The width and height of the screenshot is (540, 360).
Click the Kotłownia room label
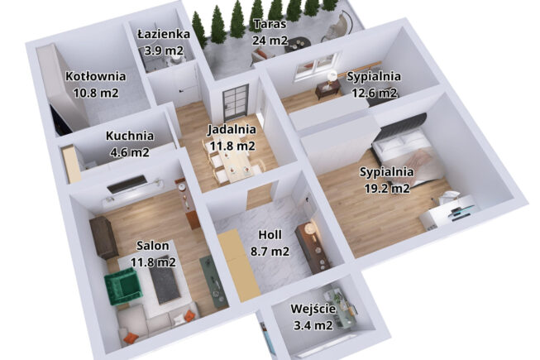point(96,76)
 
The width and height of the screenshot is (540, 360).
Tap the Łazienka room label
point(164,34)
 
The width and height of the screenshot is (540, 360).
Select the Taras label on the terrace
point(270,24)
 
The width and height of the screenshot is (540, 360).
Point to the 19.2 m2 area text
point(387,189)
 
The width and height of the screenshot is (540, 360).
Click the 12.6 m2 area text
point(374,93)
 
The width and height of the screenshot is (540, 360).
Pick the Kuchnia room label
point(130,136)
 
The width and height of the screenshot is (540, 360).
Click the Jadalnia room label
point(232,130)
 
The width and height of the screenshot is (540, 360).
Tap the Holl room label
point(270,235)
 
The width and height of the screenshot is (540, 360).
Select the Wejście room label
point(313,309)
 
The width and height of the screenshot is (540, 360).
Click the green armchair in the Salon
point(122,287)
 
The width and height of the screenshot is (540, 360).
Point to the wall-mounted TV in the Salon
point(127,185)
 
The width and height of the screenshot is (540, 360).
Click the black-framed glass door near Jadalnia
point(235,102)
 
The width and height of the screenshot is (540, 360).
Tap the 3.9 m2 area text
point(164,50)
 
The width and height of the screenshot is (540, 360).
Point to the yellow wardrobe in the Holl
point(239,265)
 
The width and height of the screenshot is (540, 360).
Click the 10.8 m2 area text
point(96,93)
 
